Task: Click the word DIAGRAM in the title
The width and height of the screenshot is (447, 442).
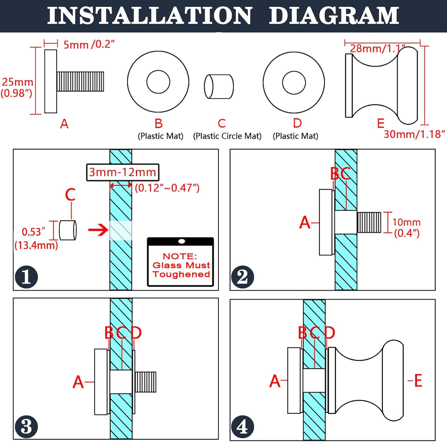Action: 334,15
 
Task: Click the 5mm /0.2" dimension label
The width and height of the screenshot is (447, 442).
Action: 89,44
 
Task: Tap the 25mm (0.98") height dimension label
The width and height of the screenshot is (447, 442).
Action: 17,87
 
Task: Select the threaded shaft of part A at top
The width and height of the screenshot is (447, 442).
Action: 80,81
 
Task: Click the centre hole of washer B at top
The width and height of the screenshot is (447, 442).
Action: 158,82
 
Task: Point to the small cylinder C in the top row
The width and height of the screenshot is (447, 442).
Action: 219,86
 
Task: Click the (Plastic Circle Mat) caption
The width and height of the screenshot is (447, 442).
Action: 227,136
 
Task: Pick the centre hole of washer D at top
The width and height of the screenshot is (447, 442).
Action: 294,83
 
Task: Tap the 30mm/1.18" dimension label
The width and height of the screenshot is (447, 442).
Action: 414,134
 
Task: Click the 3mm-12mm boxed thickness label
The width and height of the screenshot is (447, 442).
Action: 122,172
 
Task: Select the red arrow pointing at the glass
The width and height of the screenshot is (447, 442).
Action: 98,230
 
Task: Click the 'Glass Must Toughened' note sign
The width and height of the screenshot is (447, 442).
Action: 181,262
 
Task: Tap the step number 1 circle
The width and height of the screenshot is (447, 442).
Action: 27,277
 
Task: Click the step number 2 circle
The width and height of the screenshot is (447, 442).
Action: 243,277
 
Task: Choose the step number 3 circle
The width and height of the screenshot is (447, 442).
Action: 27,427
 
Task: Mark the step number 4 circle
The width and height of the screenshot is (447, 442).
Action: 242,427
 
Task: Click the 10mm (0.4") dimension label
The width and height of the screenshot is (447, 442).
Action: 406,227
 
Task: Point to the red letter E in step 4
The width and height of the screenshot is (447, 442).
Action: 418,381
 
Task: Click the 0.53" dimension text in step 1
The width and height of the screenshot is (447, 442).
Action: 33,232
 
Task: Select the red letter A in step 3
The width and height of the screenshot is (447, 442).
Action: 78,382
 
